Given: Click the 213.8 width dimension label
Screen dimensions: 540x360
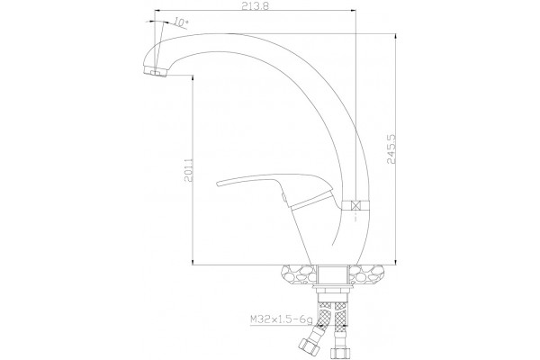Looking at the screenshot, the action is coord(255,6).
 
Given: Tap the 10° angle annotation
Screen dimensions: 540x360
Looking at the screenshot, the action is coord(181,22).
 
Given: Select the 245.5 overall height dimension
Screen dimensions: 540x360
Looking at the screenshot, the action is coord(391,148).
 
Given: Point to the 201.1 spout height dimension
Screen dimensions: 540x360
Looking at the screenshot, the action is coord(188,169).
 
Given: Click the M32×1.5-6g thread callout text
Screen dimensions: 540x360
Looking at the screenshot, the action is coord(282,320).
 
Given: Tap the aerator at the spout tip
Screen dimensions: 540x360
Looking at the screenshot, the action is coord(155,72).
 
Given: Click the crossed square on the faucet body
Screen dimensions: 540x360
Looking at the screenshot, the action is coord(355,206).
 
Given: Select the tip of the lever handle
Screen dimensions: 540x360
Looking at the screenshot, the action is coord(218,184).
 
